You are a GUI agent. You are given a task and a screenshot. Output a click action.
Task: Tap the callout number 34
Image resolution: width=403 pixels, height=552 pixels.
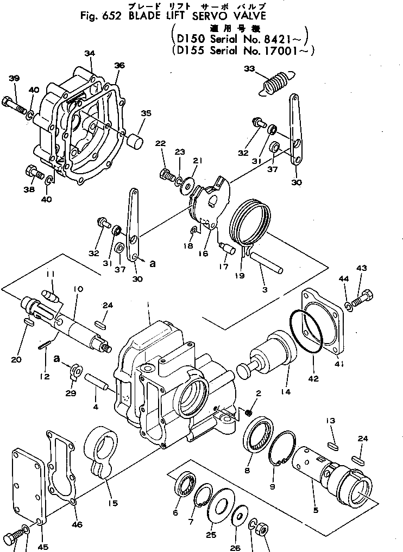point(90,53)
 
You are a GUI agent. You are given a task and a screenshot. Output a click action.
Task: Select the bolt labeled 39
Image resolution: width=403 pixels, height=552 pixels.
point(15,104)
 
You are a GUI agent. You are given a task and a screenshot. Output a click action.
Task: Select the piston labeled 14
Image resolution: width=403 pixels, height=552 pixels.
point(270,356)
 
